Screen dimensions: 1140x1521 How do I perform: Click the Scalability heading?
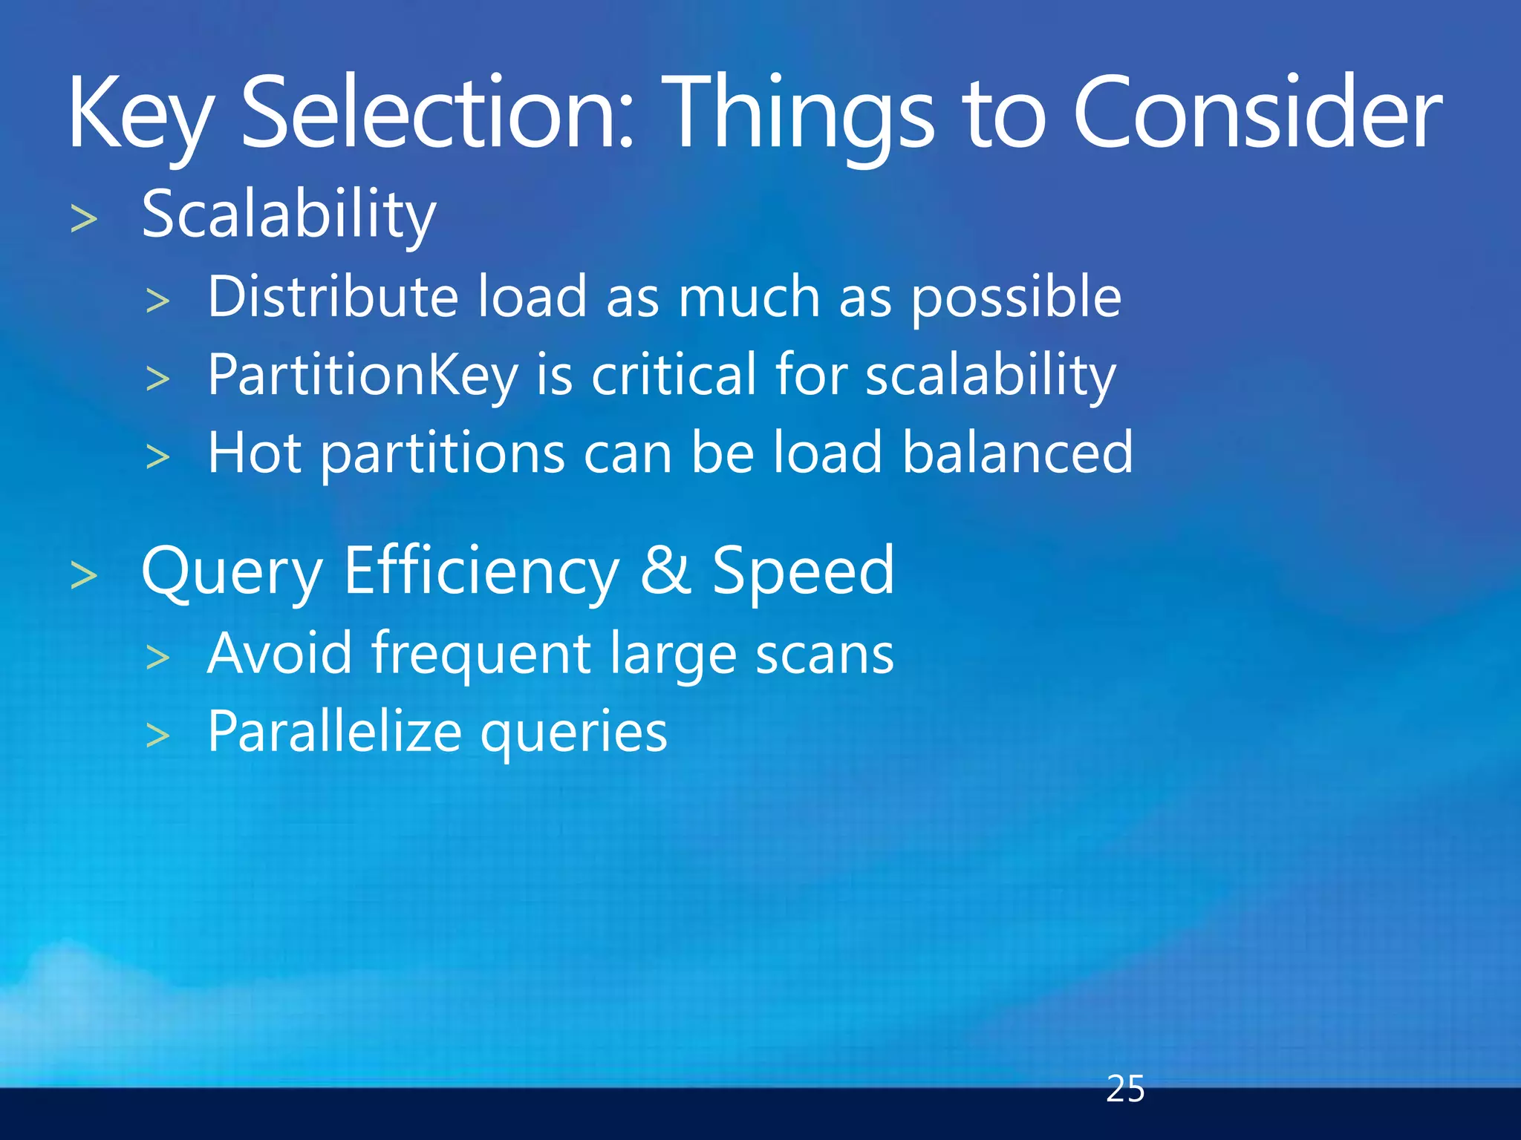(x=289, y=216)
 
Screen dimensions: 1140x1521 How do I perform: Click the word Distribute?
(x=333, y=297)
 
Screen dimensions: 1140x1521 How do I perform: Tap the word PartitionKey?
(x=362, y=376)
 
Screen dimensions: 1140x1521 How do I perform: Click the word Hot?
(x=254, y=453)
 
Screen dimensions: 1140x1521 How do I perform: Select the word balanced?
(x=1017, y=452)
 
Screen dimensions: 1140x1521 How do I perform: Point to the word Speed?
(x=803, y=571)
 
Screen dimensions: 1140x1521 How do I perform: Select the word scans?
(x=824, y=655)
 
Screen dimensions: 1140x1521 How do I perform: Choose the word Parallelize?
(x=334, y=732)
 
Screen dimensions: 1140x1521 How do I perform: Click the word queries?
(x=573, y=734)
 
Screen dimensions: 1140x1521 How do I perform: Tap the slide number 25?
(x=1124, y=1089)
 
